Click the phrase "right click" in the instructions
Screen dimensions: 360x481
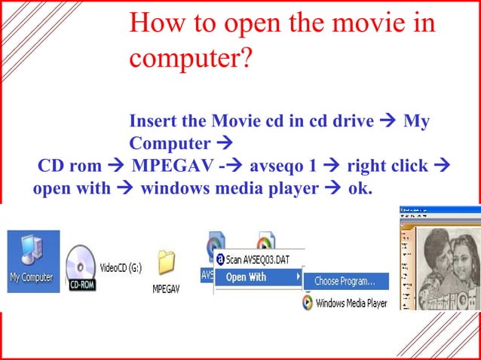pyautogui.click(x=387, y=166)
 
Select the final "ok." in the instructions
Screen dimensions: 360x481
pyautogui.click(x=360, y=188)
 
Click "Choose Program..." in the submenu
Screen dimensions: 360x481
pyautogui.click(x=345, y=281)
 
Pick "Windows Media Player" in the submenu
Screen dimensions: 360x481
pyautogui.click(x=351, y=303)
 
